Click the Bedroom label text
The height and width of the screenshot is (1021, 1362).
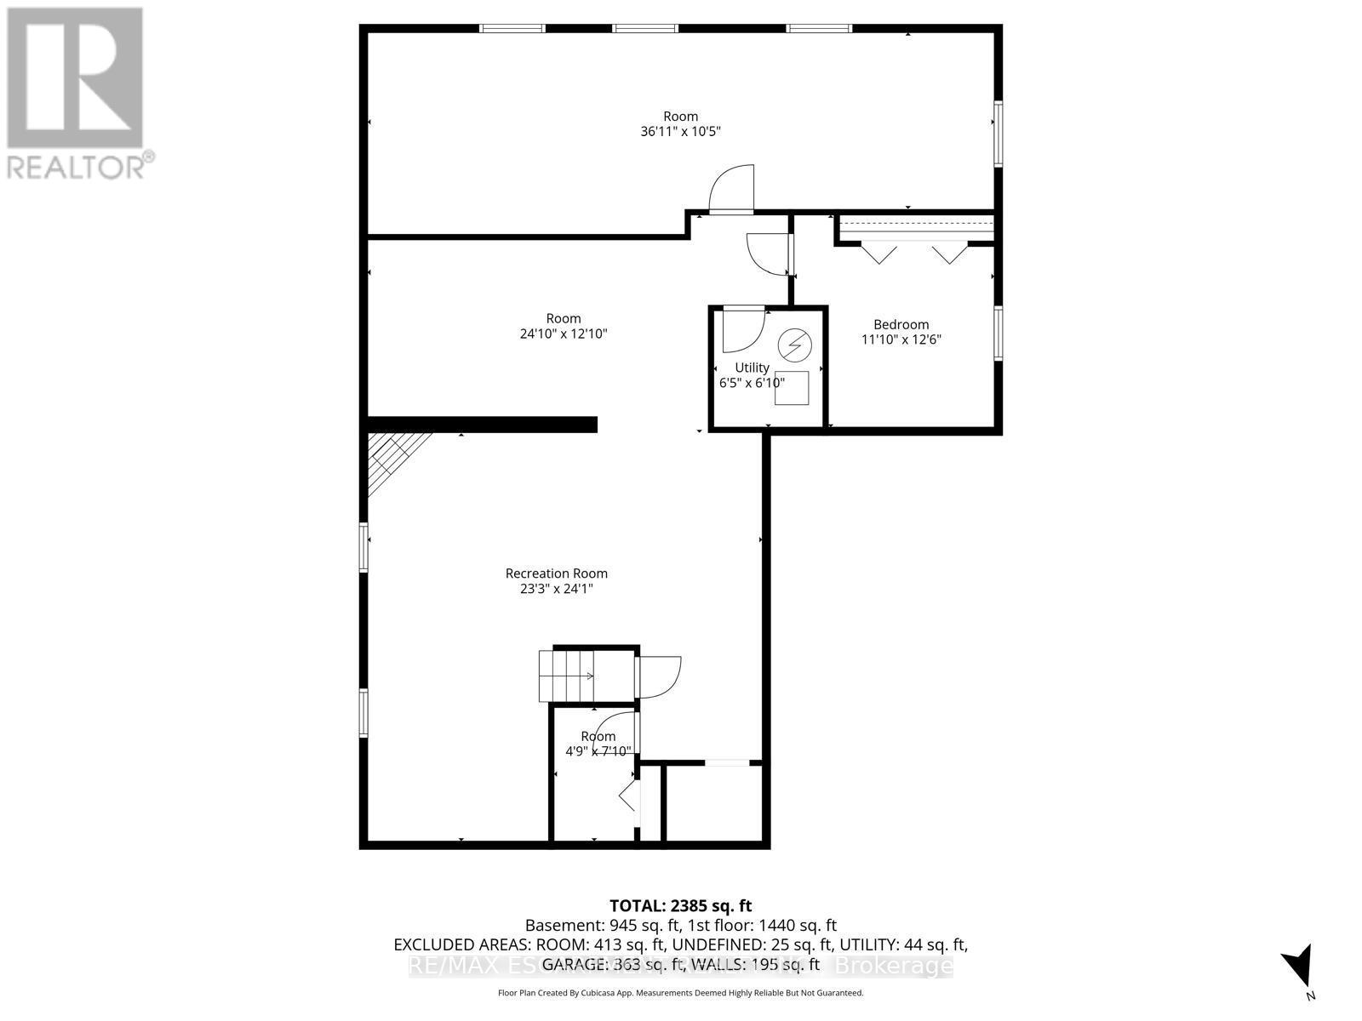(x=901, y=324)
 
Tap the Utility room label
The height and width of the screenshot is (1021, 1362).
(x=752, y=368)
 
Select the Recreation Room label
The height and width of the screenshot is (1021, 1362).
(x=556, y=573)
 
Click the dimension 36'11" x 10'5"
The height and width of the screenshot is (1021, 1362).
(x=680, y=132)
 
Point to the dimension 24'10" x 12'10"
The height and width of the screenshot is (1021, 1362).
(x=563, y=334)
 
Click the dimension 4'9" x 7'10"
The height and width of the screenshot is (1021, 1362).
(x=598, y=751)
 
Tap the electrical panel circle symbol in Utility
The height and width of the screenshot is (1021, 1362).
(x=795, y=345)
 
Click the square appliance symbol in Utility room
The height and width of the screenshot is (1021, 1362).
(x=791, y=389)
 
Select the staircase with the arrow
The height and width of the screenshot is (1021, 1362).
(x=566, y=676)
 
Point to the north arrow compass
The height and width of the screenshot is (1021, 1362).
(x=1299, y=970)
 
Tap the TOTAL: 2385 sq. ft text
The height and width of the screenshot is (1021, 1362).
(x=680, y=906)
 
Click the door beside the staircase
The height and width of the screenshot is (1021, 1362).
(x=660, y=676)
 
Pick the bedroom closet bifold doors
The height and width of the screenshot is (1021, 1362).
(x=915, y=254)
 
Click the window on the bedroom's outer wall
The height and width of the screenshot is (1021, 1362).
(x=998, y=334)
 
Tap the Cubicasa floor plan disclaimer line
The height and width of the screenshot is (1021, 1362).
(x=680, y=993)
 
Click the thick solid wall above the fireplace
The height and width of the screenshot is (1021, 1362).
(x=482, y=425)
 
